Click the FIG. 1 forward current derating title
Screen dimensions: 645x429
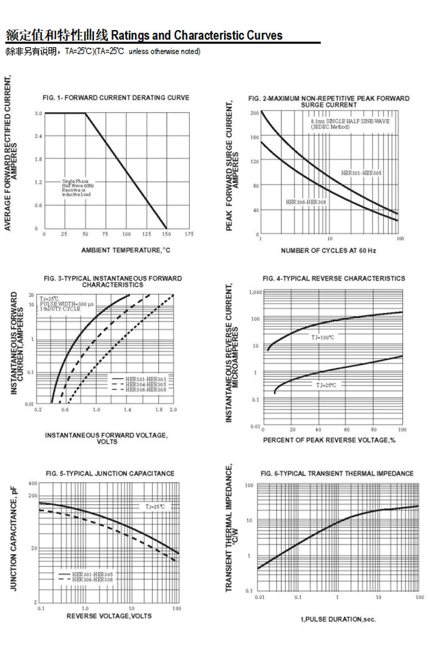(x=116, y=97)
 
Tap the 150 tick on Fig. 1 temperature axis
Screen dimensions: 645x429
(x=166, y=235)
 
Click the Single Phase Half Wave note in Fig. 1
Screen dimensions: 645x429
(x=76, y=187)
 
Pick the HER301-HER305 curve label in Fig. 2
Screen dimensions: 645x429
(x=361, y=173)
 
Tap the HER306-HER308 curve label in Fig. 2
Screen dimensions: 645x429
(x=306, y=202)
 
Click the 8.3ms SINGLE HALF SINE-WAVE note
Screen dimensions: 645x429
(x=350, y=122)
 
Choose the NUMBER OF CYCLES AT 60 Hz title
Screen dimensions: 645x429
(x=328, y=251)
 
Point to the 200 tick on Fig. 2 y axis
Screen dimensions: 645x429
(x=255, y=113)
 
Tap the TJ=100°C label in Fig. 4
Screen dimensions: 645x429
(x=323, y=337)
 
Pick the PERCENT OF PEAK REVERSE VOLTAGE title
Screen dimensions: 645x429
(x=329, y=440)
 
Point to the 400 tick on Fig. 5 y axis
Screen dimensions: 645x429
(x=33, y=484)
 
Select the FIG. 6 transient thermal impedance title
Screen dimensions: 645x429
(x=337, y=474)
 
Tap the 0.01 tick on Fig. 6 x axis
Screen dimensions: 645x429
(x=259, y=597)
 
